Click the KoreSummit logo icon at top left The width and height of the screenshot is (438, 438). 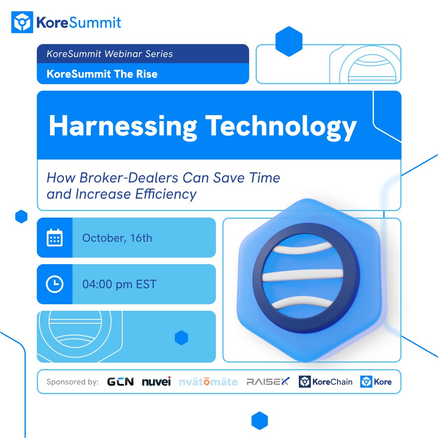click(x=21, y=22)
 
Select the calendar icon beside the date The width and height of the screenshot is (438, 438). click(x=54, y=238)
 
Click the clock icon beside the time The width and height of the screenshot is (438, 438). click(x=54, y=284)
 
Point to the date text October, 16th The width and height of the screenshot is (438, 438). click(x=117, y=238)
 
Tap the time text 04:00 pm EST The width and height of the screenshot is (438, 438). click(x=119, y=284)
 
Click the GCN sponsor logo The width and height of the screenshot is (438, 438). click(x=120, y=382)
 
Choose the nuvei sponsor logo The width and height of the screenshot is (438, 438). click(x=156, y=382)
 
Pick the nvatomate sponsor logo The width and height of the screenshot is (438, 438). click(x=208, y=382)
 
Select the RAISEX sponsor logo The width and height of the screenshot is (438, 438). click(x=268, y=382)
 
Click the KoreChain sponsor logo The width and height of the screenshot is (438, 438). click(x=325, y=382)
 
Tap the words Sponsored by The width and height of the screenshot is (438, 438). click(x=73, y=382)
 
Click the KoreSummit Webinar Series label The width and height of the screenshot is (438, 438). click(x=110, y=54)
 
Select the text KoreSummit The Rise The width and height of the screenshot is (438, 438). click(x=102, y=74)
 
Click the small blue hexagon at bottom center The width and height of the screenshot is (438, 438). click(x=260, y=421)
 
